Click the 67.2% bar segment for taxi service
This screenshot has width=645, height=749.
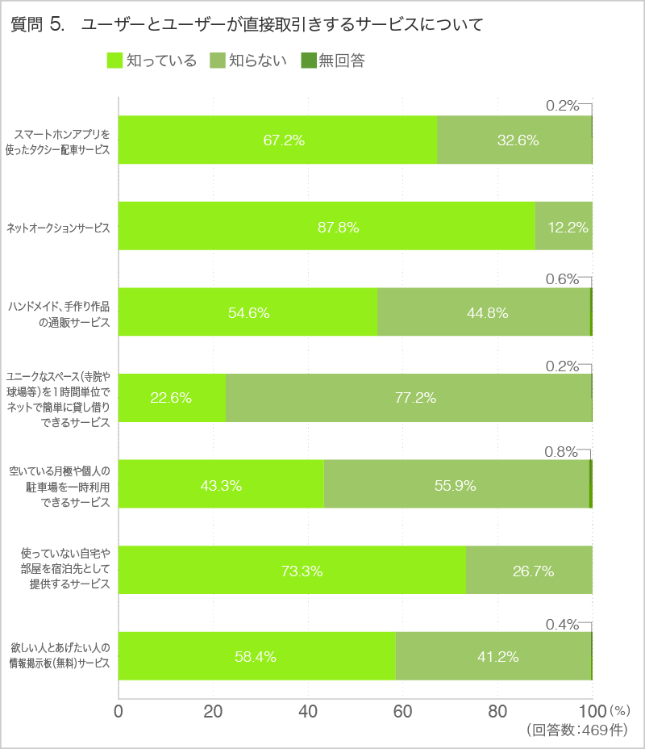point(278,140)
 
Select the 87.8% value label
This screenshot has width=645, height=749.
point(339,227)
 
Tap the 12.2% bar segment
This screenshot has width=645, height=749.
point(564,227)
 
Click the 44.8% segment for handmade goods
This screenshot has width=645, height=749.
point(484,312)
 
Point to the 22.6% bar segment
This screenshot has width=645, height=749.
point(172,398)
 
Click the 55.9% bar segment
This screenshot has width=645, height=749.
point(456,484)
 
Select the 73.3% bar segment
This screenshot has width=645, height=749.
point(292,571)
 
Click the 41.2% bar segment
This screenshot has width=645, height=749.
point(493,656)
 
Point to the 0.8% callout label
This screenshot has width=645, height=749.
point(561,452)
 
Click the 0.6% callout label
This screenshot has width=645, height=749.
point(562,279)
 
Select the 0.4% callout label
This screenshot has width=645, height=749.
point(562,624)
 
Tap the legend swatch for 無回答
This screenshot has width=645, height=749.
point(307,61)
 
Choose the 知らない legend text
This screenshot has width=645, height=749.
point(258,61)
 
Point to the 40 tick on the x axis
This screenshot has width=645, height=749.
point(308,712)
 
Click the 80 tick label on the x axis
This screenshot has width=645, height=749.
point(497,712)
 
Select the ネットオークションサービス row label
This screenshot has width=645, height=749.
point(57,228)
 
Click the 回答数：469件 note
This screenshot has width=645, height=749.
point(576,730)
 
